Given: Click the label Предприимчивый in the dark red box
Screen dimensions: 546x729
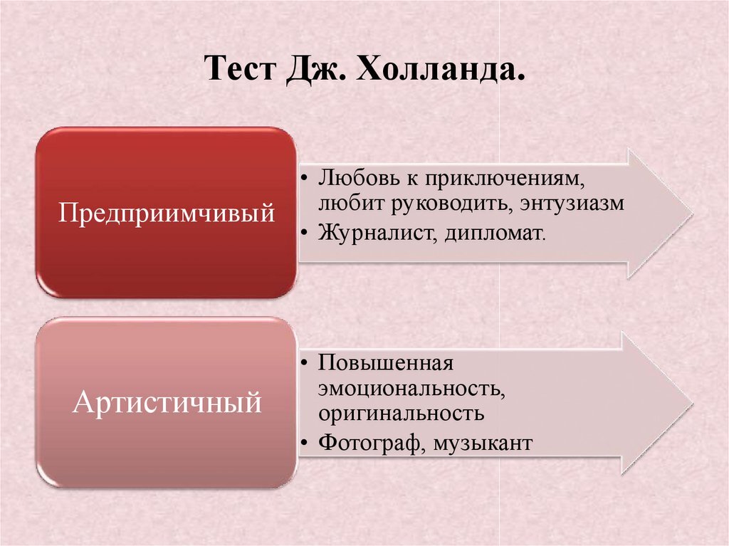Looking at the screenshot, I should click(166, 212).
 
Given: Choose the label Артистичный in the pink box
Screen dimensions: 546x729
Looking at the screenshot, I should click(167, 403).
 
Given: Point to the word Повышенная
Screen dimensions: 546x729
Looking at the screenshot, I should click(386, 362).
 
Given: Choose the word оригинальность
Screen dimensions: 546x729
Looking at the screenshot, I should click(402, 413).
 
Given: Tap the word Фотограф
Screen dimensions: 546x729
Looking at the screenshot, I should click(369, 443).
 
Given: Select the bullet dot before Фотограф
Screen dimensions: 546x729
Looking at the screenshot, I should click(305, 443).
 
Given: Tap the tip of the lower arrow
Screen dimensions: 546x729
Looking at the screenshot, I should click(691, 403).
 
